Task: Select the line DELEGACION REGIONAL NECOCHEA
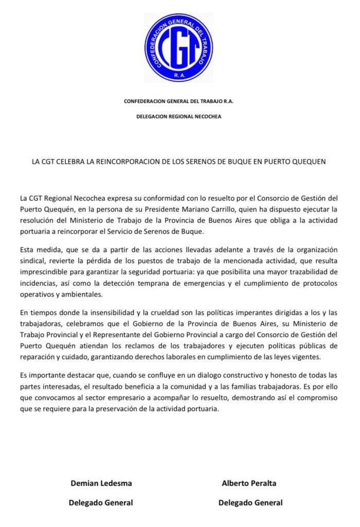(x=178, y=117)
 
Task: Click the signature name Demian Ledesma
(x=101, y=483)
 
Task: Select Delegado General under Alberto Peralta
(x=250, y=503)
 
